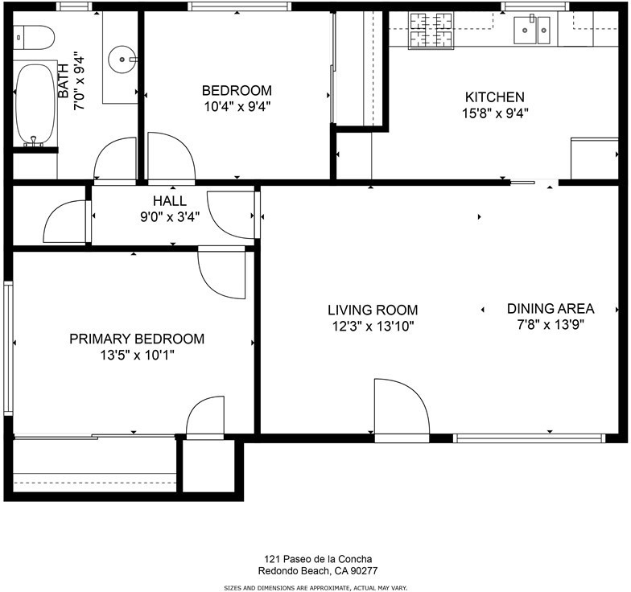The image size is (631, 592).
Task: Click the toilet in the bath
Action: click(34, 37)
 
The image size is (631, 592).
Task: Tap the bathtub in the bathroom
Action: click(35, 104)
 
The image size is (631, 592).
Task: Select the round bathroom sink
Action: click(122, 60)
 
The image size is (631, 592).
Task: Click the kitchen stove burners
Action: click(431, 31)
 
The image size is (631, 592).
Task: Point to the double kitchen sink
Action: click(532, 31)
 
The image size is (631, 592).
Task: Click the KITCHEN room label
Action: click(494, 97)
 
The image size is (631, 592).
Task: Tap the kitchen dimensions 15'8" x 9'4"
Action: click(494, 114)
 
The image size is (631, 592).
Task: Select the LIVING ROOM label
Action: click(373, 310)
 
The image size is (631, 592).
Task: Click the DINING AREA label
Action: click(551, 309)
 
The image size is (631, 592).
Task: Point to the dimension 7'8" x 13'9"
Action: click(551, 324)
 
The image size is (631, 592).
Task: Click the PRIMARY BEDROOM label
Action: click(137, 339)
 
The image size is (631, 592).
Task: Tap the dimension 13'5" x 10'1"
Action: click(137, 356)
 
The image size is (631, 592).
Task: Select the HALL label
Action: click(170, 201)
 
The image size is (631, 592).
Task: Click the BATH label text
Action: click(64, 80)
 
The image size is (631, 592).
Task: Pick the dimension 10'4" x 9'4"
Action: click(237, 106)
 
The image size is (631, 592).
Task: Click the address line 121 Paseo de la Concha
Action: click(318, 558)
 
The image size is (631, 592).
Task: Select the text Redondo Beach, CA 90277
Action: click(318, 571)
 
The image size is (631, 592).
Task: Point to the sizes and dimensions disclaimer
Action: click(315, 588)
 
